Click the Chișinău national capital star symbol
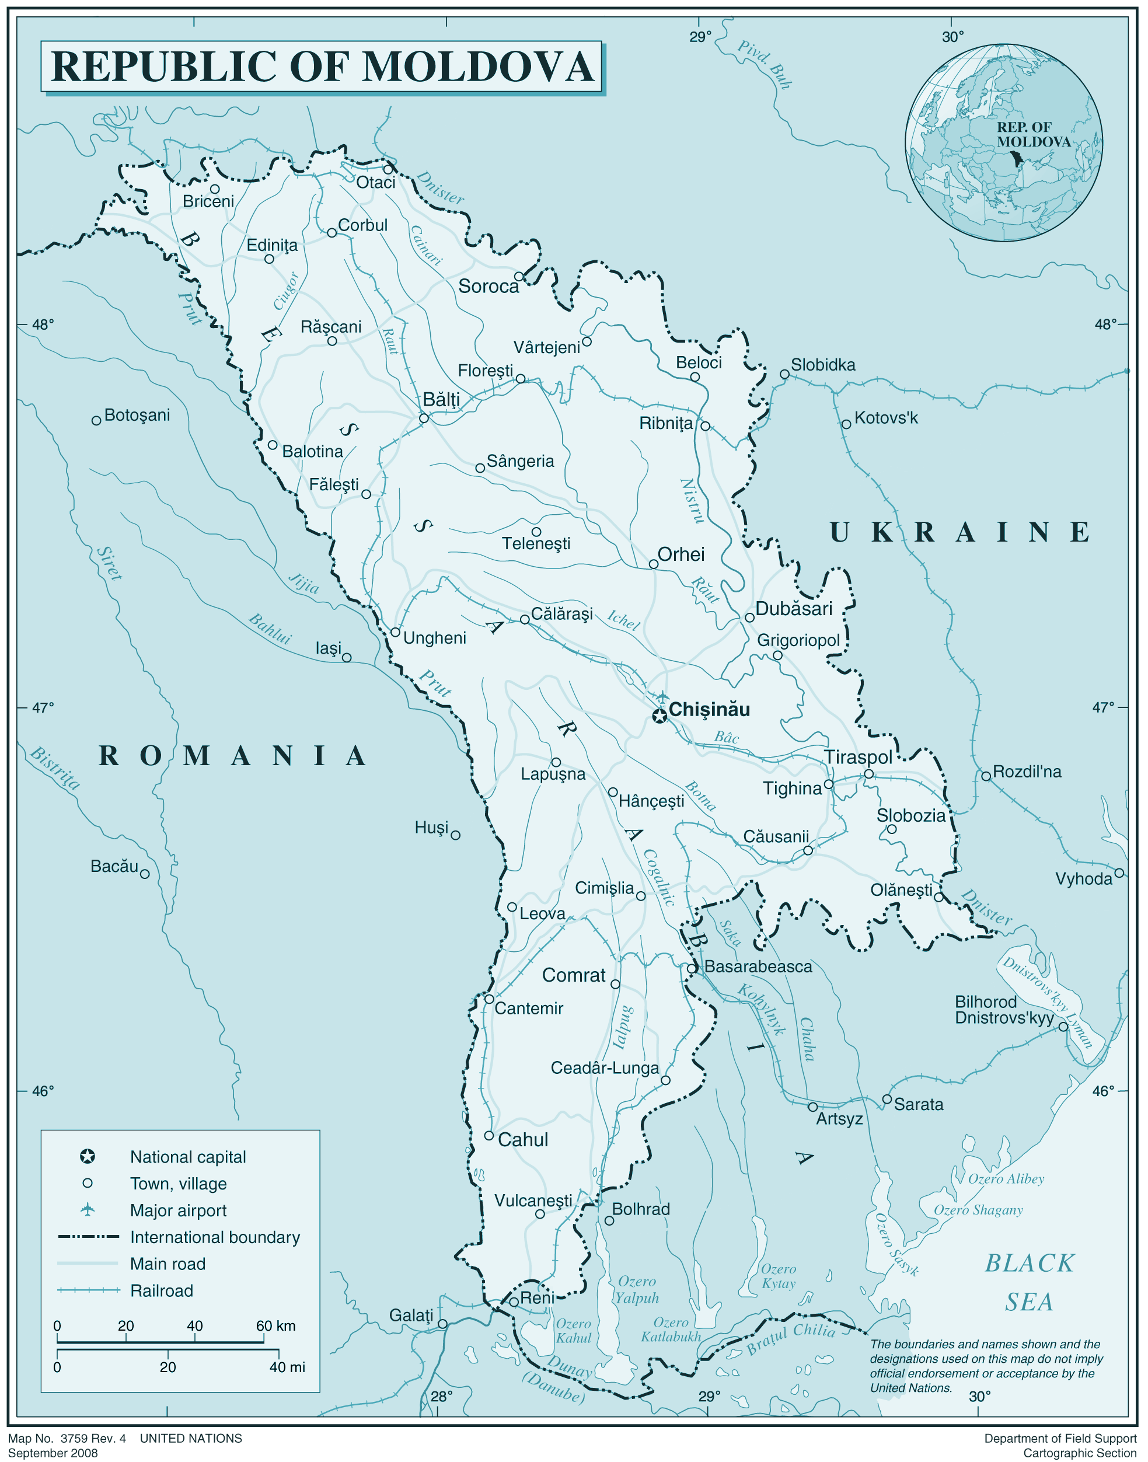coord(660,717)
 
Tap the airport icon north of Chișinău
coord(663,696)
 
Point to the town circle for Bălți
coord(424,418)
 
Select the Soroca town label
coord(488,287)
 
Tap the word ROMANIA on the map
coord(232,756)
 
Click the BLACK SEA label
coord(1028,1282)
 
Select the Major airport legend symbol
coord(88,1210)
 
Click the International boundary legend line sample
coord(88,1237)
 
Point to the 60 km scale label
coord(275,1325)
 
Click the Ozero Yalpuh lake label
coord(637,1289)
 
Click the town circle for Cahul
coord(489,1135)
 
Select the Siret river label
coord(110,563)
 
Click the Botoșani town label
coord(137,415)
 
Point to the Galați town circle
coord(442,1324)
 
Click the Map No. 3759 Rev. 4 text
coord(67,1439)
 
